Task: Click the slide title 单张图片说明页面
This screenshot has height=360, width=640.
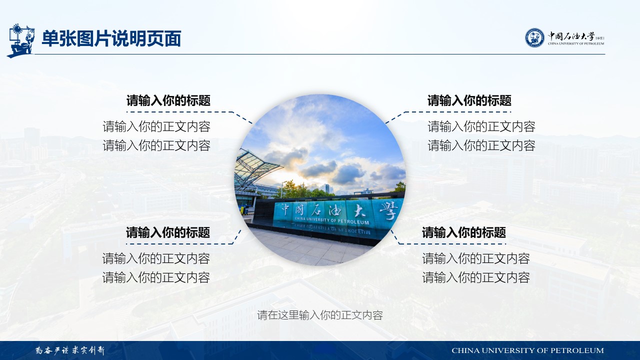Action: (111, 38)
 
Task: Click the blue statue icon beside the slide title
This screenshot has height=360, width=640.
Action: (21, 40)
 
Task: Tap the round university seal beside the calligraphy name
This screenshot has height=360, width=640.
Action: (534, 37)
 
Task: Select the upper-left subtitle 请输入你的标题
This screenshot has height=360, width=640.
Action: (168, 100)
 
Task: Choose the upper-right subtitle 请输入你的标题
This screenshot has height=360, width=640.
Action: (469, 100)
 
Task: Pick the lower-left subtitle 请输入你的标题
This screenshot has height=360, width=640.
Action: (168, 232)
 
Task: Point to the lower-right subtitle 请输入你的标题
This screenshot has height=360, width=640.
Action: (464, 232)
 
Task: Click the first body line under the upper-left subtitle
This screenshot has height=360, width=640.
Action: (156, 126)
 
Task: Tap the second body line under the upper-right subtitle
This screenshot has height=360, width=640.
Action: (481, 145)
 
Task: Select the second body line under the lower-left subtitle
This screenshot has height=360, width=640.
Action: (156, 277)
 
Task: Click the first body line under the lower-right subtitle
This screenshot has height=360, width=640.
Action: (476, 258)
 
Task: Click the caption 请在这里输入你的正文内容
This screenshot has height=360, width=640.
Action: (320, 315)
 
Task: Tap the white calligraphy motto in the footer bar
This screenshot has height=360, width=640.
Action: (70, 350)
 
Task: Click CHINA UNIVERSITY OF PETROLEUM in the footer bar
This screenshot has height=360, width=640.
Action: (527, 350)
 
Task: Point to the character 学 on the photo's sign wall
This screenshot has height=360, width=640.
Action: (388, 209)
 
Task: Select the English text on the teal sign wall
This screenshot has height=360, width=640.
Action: (332, 220)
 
